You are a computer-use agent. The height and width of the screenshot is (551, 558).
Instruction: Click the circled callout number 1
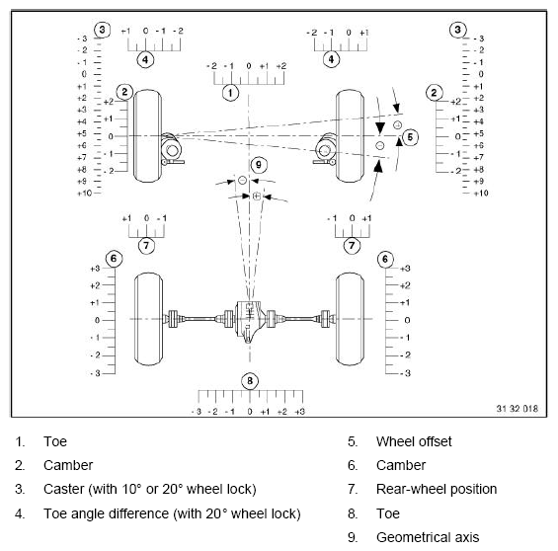pos(230,93)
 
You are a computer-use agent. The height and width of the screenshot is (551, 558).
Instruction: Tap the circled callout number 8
pos(250,381)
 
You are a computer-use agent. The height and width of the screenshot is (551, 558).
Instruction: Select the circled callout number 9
pos(259,165)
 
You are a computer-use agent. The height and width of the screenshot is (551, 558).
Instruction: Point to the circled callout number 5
pos(410,137)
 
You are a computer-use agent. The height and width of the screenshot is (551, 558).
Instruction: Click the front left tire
pos(147,136)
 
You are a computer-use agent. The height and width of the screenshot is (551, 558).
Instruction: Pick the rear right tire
pos(350,319)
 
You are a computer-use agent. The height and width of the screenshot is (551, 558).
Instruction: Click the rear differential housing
pos(250,321)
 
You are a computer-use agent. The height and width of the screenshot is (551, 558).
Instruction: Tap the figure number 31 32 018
pos(518,409)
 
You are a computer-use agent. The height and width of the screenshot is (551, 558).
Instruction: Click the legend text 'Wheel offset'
pos(414,441)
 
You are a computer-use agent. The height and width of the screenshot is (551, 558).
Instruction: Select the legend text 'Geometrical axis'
pos(428,537)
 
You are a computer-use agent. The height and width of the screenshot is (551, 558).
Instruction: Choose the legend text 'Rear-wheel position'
pos(437,489)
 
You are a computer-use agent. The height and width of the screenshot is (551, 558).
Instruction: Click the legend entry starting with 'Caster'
pos(150,489)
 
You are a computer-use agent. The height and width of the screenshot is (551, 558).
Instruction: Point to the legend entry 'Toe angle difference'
pos(172,514)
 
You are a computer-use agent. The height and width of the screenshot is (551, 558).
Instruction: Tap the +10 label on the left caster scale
pos(84,194)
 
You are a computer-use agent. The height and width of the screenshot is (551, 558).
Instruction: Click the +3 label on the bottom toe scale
pos(299,412)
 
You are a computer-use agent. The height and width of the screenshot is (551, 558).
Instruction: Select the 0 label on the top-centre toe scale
pos(249,66)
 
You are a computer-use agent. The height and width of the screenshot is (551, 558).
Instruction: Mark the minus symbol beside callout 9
pos(242,180)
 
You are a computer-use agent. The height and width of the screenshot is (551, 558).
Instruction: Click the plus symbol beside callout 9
pos(257,196)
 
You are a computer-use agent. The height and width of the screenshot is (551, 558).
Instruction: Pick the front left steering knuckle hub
pos(172,149)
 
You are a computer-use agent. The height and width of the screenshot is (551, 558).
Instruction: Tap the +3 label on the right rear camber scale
pos(405,269)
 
